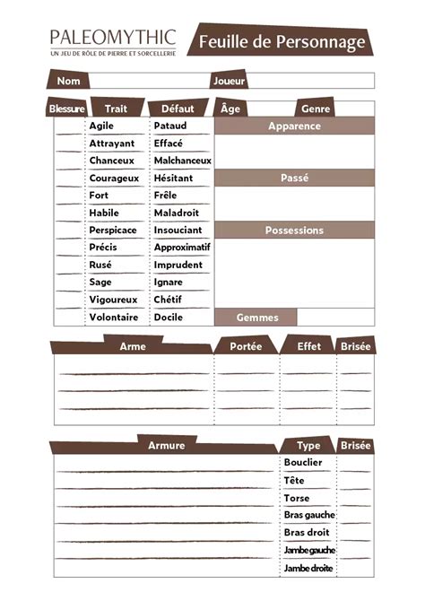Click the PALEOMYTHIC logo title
click(x=112, y=38)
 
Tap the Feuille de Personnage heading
click(x=282, y=42)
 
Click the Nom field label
click(x=69, y=81)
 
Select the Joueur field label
click(x=229, y=81)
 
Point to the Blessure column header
click(x=66, y=109)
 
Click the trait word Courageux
click(x=112, y=178)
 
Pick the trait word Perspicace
click(x=113, y=230)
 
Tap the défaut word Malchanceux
click(x=182, y=161)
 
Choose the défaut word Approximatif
click(x=181, y=247)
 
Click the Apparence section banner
click(x=294, y=126)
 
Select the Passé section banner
click(x=294, y=179)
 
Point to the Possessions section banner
click(x=294, y=231)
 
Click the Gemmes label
click(x=256, y=318)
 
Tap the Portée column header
click(x=246, y=345)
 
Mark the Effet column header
click(x=308, y=345)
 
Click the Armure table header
click(x=166, y=445)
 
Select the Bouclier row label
click(x=303, y=463)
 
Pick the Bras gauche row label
click(x=308, y=515)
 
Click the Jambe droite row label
click(x=308, y=568)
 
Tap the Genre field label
click(x=316, y=109)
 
